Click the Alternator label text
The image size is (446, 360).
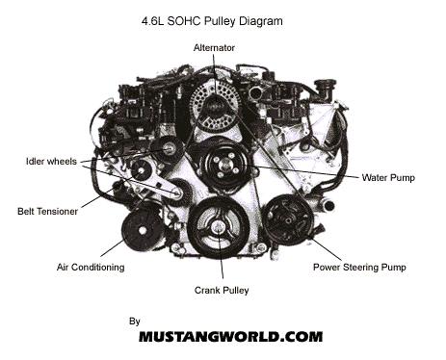pos(214,48)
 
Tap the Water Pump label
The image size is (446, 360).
pos(388,178)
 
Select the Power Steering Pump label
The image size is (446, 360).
pos(359,268)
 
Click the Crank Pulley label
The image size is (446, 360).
pos(222,291)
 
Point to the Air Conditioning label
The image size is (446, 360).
pos(91,268)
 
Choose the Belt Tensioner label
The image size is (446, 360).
pos(47,212)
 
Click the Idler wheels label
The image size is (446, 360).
pos(51,161)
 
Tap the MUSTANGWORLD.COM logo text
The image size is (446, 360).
pos(230,337)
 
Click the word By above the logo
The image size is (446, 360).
pos(135,321)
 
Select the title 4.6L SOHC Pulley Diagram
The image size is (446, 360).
pos(212,21)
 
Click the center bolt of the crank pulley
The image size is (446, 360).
pos(219,227)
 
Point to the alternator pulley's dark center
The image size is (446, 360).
pos(215,105)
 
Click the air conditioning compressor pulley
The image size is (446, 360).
pos(143,229)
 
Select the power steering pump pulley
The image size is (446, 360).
pos(287,219)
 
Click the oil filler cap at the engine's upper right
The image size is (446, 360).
pos(325,88)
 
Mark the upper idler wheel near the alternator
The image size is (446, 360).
pos(169,149)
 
